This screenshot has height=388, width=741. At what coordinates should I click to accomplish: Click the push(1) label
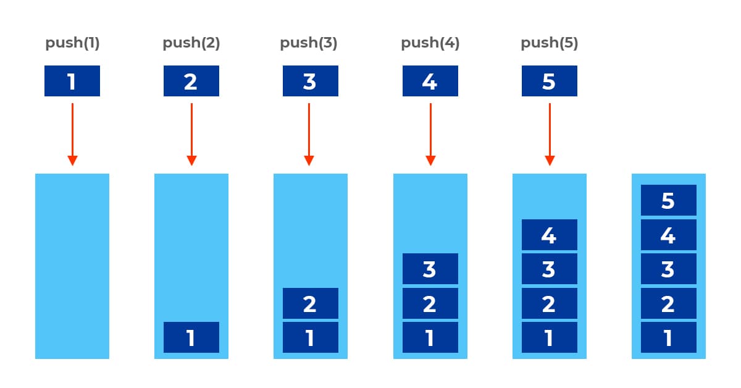coord(72,44)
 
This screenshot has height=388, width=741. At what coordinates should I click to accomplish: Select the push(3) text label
coord(309,44)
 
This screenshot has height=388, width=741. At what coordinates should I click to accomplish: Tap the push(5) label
coord(549,44)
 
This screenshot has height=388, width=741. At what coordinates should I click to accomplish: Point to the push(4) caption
coord(430,44)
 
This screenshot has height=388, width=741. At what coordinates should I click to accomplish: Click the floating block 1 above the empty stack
coord(72,81)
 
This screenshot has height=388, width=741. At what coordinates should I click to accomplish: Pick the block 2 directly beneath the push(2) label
coord(191,81)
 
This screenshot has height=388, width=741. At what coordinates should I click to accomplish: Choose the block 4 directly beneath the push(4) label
coord(430,81)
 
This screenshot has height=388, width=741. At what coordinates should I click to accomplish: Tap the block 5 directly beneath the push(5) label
coord(550,81)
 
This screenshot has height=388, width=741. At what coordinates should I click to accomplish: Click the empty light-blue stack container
coord(72,266)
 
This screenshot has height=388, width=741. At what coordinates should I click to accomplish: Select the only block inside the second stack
coord(191,337)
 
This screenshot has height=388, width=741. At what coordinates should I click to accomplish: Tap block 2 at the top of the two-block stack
coord(311,303)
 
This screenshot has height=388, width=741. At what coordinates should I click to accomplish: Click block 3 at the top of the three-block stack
coord(430,269)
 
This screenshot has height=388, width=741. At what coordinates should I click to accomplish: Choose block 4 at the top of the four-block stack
coord(550,235)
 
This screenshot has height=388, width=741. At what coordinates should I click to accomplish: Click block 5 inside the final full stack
coord(669,200)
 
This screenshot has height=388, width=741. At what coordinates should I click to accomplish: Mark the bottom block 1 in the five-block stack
coord(669,337)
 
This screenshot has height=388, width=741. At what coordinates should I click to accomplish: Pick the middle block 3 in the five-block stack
coord(669,269)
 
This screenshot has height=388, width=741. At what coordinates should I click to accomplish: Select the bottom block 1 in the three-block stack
coord(430,337)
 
